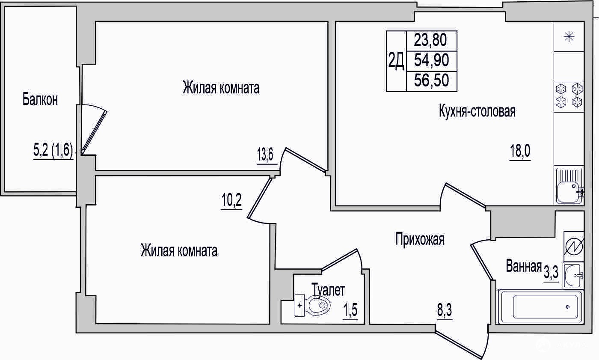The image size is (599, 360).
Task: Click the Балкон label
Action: (x=40, y=99)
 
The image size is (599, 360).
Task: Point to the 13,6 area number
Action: (x=265, y=155)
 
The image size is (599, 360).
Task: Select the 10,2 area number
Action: (x=231, y=200)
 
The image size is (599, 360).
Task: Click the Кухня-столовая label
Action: (x=477, y=112)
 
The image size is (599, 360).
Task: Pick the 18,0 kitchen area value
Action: (x=520, y=151)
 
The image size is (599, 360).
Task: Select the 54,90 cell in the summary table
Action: (x=431, y=60)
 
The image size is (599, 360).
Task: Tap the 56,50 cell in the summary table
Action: (x=431, y=80)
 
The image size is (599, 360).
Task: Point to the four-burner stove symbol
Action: (x=569, y=96)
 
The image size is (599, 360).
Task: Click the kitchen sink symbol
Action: (x=569, y=186)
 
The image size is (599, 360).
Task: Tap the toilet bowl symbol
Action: (x=312, y=306)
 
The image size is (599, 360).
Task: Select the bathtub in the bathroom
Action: (x=540, y=306)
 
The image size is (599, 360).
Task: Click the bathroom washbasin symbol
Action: (x=573, y=276)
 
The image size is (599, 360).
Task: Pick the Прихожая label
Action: (x=420, y=239)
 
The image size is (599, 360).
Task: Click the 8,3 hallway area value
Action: (x=445, y=310)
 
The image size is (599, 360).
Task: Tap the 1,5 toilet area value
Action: (x=350, y=310)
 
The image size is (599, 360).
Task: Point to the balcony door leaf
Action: (x=94, y=132)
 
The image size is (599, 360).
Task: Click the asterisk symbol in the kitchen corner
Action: (x=569, y=37)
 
